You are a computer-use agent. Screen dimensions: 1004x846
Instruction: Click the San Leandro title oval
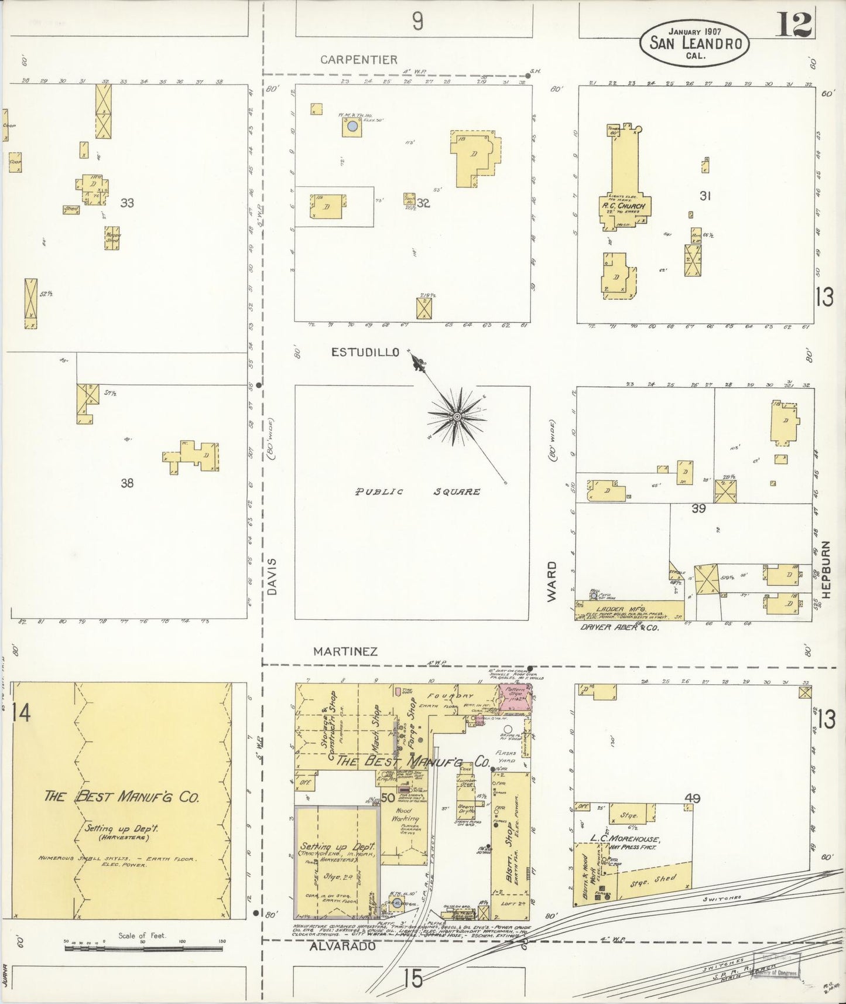point(694,42)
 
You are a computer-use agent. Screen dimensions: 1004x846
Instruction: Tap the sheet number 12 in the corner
point(794,25)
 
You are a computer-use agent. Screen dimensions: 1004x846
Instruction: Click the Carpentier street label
point(359,60)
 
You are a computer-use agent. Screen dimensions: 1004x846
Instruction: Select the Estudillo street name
point(365,352)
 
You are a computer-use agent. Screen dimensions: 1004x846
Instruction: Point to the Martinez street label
point(345,651)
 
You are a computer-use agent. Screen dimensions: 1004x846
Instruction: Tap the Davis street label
point(272,576)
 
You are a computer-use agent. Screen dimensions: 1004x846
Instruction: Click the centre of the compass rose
point(456,416)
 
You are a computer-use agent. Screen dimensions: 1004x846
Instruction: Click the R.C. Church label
point(624,206)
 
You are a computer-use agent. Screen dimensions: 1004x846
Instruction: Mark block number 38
point(127,483)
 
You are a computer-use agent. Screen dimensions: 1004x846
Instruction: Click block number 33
point(127,203)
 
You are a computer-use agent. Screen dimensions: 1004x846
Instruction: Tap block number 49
point(693,798)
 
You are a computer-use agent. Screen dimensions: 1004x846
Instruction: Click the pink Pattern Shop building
point(515,697)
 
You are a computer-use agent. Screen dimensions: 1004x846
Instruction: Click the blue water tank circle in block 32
point(352,126)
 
